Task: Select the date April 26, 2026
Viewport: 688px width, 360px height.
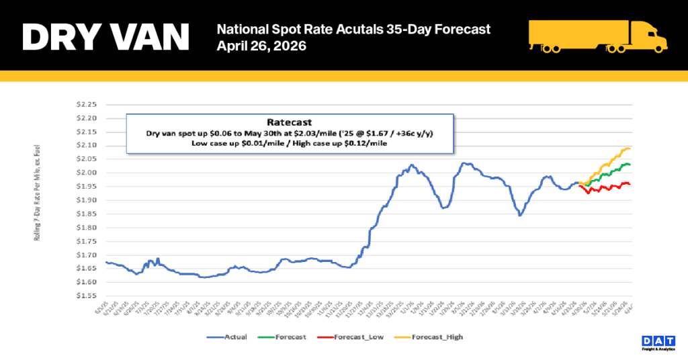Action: tap(261, 46)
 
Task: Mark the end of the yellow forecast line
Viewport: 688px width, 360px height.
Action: tap(630, 148)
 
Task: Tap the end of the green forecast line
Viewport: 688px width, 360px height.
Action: tap(630, 165)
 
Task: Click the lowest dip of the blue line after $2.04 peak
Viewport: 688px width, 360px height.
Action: tap(520, 215)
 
